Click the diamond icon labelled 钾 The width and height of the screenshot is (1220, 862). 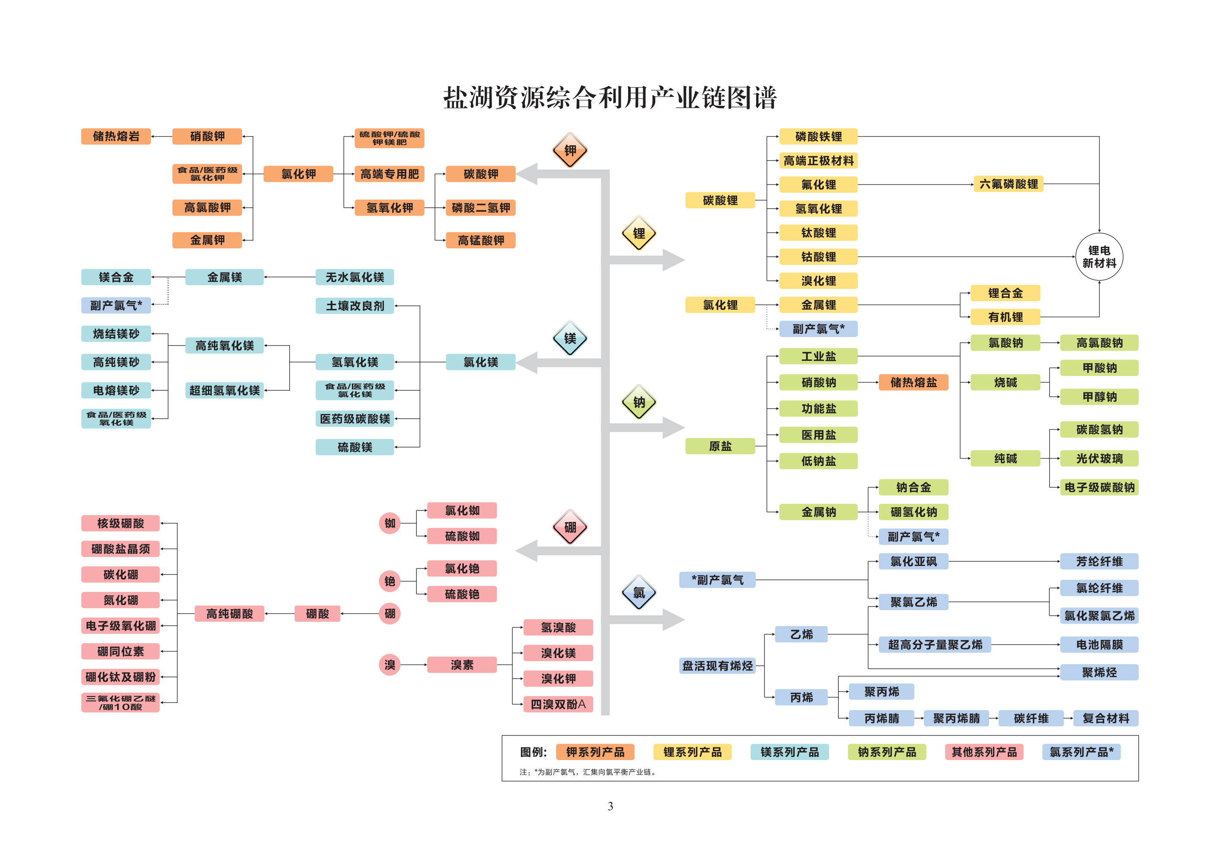(570, 150)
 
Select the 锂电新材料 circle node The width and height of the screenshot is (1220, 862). (1099, 257)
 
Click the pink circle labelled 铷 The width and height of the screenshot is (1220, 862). (390, 523)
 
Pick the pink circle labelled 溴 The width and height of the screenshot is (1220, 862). (390, 665)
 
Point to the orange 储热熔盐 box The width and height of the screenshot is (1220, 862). (913, 382)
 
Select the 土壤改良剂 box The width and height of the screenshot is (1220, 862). (355, 306)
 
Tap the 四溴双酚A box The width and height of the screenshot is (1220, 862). (558, 704)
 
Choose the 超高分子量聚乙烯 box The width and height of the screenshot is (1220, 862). (935, 645)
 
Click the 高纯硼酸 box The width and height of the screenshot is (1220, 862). (230, 614)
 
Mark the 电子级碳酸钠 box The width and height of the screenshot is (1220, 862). (1099, 487)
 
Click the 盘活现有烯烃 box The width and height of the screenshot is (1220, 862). (717, 665)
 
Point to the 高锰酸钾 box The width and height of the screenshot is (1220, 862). (480, 240)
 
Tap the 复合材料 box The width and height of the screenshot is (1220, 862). (1105, 719)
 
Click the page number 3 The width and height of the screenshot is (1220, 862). (610, 806)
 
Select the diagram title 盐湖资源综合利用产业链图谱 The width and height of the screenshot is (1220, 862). (610, 98)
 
